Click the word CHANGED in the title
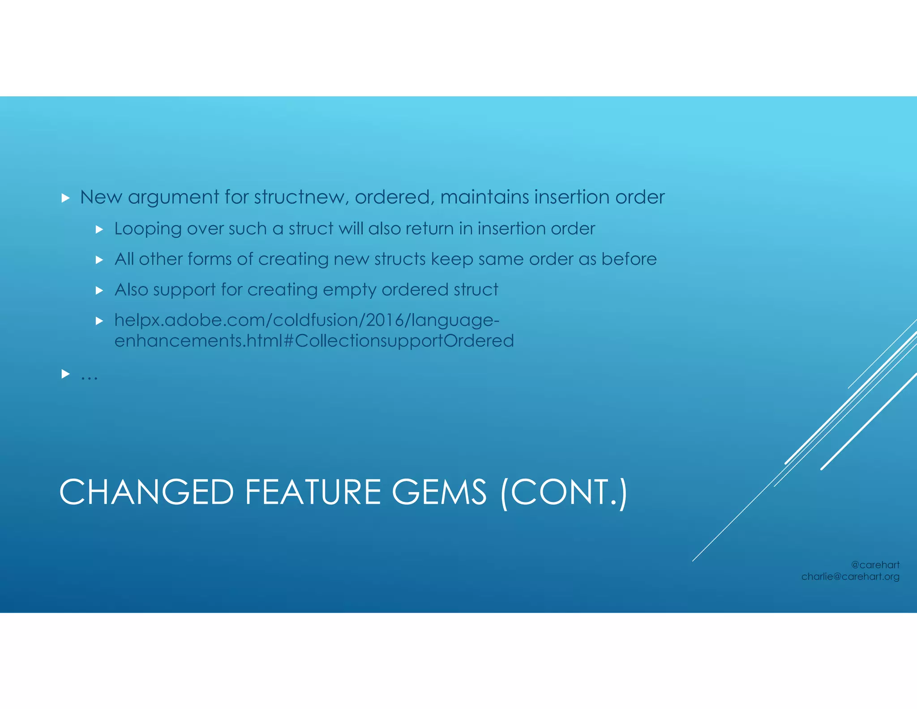[x=146, y=492]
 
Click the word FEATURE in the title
[x=313, y=492]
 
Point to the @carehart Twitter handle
[x=875, y=565]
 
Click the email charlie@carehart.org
[x=850, y=577]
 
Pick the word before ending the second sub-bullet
[x=629, y=259]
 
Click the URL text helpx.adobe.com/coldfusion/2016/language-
[x=307, y=320]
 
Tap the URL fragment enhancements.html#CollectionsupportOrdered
[x=314, y=341]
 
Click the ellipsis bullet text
[x=89, y=376]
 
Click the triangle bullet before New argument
[x=65, y=198]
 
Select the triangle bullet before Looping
[x=99, y=229]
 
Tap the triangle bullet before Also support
[x=99, y=290]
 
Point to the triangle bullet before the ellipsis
[x=65, y=373]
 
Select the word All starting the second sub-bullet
[x=124, y=259]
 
